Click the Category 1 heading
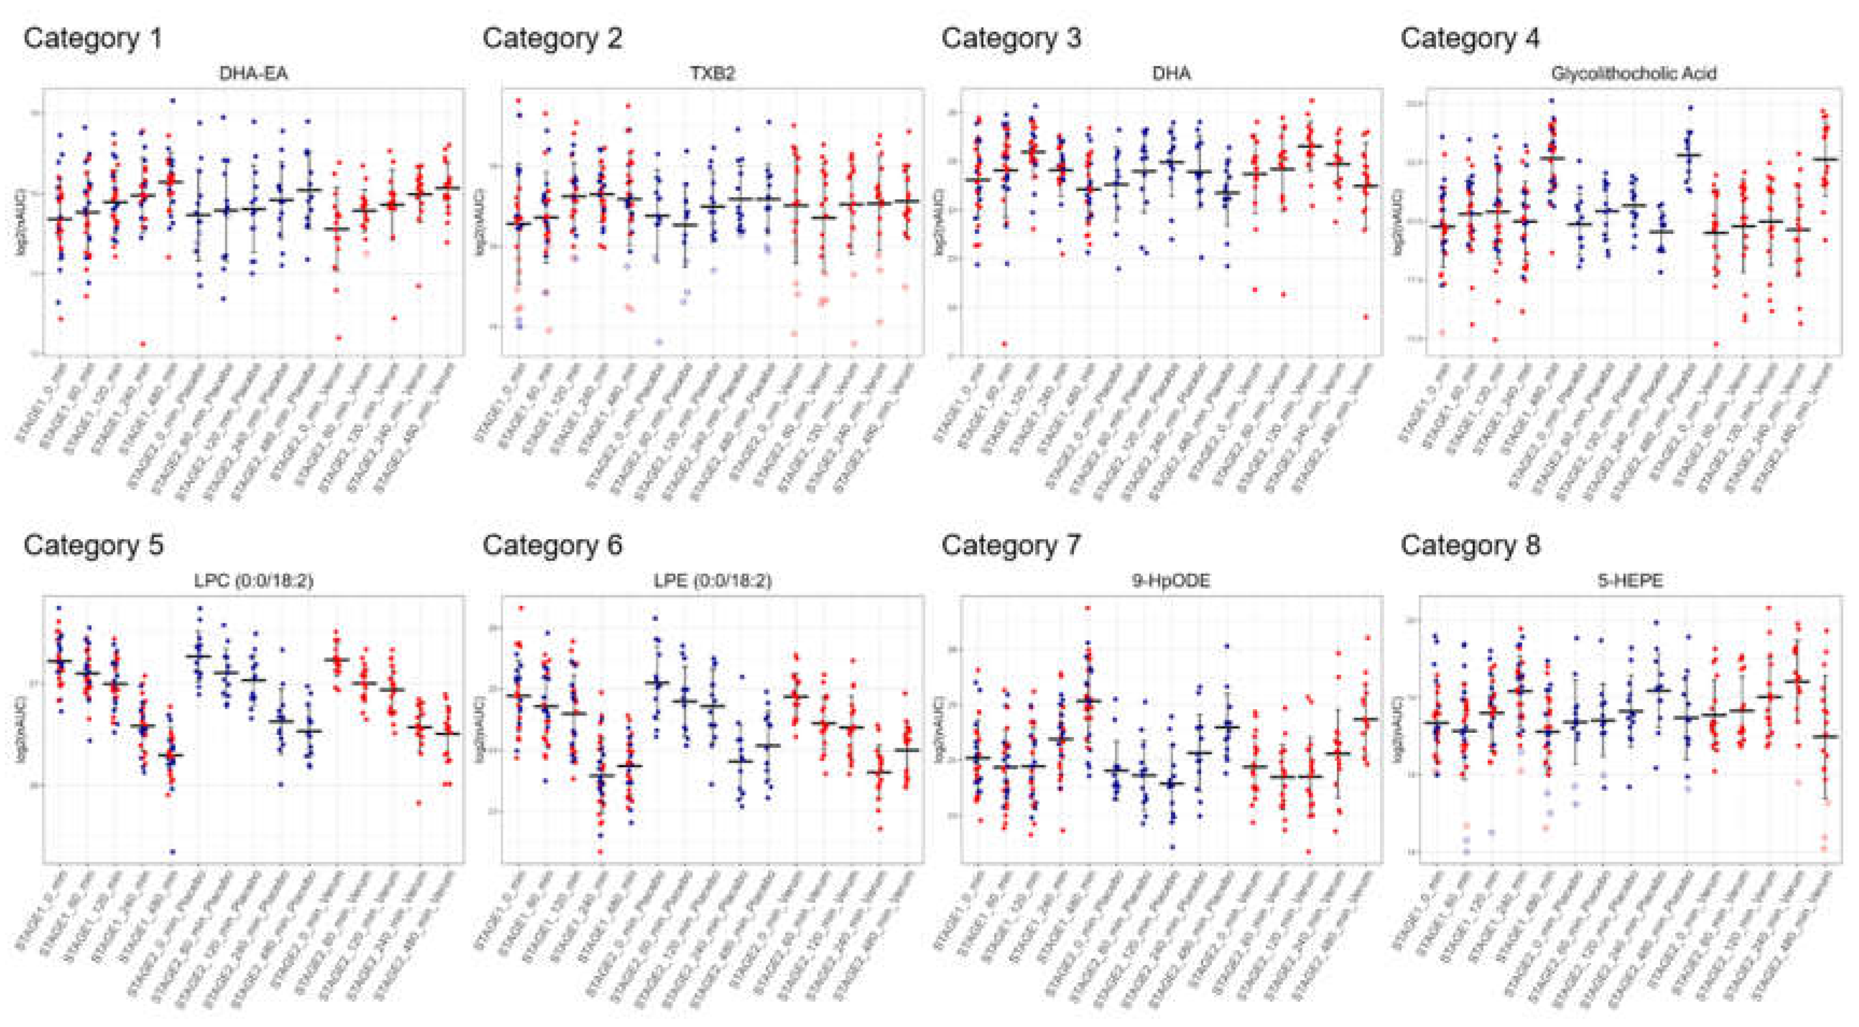click(x=93, y=38)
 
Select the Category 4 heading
click(x=1470, y=38)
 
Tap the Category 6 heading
click(x=552, y=545)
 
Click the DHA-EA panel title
click(x=253, y=74)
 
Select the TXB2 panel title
click(x=712, y=74)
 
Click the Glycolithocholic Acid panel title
click(x=1633, y=74)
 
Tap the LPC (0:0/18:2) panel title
click(x=253, y=581)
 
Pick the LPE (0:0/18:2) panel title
click(x=712, y=581)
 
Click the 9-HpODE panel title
click(x=1171, y=581)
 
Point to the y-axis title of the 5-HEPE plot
click(x=1406, y=729)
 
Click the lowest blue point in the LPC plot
click(x=172, y=852)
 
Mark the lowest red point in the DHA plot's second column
click(x=1004, y=344)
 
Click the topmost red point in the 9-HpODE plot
click(x=1087, y=608)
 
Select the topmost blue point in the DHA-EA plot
click(x=172, y=100)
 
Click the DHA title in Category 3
click(x=1171, y=74)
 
